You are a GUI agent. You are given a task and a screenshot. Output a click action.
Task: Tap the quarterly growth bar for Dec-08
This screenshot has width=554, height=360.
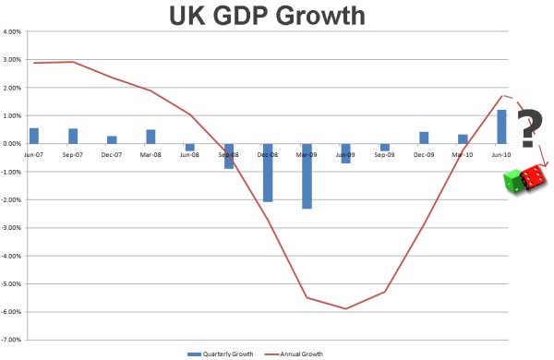click(268, 173)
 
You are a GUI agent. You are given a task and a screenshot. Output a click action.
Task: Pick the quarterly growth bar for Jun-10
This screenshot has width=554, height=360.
click(501, 127)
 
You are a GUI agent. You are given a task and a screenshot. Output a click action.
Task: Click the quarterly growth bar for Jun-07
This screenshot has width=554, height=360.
click(34, 136)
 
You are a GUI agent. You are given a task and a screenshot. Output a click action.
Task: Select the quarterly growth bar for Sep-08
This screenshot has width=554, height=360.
click(229, 156)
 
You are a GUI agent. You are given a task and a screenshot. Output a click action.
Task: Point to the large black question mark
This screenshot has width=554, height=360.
click(528, 128)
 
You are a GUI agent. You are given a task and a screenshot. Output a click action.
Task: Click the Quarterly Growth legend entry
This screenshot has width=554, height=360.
click(219, 353)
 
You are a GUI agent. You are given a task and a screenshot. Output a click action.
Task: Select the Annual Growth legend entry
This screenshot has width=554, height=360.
click(300, 353)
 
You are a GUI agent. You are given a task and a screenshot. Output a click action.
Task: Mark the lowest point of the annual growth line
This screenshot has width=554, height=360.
click(345, 309)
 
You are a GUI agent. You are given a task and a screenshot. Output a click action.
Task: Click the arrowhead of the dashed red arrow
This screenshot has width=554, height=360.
click(545, 165)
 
